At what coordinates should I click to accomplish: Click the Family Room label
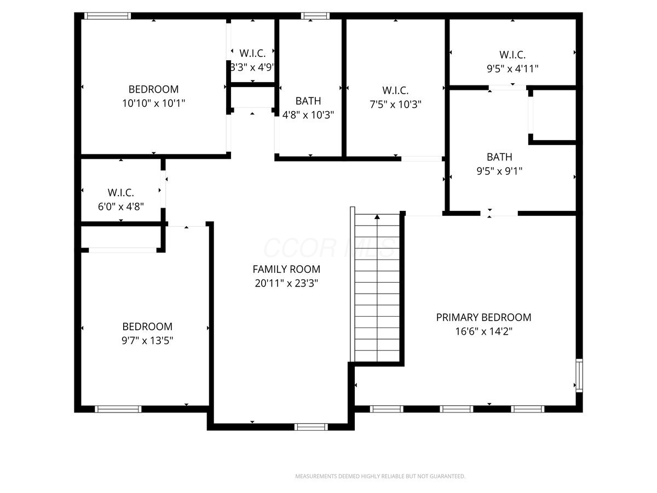click(x=286, y=269)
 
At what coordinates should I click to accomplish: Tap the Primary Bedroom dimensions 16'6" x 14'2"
click(x=483, y=331)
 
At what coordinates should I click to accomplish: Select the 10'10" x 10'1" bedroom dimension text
click(x=153, y=104)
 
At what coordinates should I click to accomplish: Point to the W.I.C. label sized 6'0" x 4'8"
click(x=120, y=192)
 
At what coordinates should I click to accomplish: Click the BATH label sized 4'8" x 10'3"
click(x=308, y=101)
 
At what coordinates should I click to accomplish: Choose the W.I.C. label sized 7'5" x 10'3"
click(x=395, y=90)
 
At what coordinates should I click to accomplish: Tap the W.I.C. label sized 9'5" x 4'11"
click(x=512, y=54)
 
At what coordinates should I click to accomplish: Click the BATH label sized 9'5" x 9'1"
click(x=499, y=157)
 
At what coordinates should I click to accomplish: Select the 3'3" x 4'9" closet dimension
click(x=252, y=67)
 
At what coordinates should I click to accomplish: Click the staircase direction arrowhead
click(x=377, y=217)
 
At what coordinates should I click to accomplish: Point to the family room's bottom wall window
click(x=311, y=427)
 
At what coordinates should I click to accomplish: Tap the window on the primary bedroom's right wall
click(x=579, y=375)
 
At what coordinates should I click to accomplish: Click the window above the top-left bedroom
click(x=107, y=16)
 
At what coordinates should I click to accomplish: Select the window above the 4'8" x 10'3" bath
click(x=315, y=16)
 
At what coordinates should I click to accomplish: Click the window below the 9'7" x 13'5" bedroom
click(x=118, y=409)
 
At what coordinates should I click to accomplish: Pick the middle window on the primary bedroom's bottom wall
click(x=456, y=409)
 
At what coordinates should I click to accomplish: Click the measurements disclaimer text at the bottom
click(x=380, y=476)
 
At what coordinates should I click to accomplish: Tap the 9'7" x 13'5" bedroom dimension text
click(x=147, y=341)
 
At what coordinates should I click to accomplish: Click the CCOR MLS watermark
click(x=329, y=247)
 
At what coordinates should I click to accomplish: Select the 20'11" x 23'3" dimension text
click(x=286, y=283)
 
